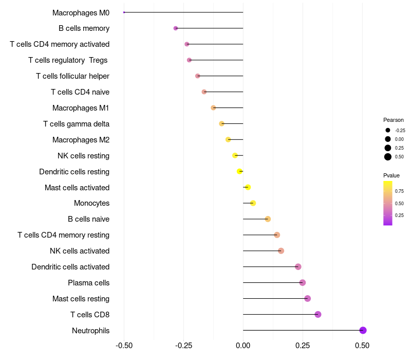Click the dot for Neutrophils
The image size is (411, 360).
click(363, 330)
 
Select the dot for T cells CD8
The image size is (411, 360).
click(317, 314)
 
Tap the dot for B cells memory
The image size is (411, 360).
click(176, 28)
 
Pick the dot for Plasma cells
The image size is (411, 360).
click(303, 282)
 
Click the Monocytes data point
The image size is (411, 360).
click(253, 203)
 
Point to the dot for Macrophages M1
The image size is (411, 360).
click(213, 107)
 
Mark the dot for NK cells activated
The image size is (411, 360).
click(281, 250)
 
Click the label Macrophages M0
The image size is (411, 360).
click(81, 12)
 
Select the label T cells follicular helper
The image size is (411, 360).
click(72, 76)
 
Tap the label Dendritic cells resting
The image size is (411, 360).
click(74, 171)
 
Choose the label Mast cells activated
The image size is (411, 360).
click(77, 187)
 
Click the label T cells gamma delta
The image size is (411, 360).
click(76, 124)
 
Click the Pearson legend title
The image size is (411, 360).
click(394, 120)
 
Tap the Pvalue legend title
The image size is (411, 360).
click(391, 175)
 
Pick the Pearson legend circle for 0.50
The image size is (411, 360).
click(388, 157)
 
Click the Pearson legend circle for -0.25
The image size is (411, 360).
click(388, 130)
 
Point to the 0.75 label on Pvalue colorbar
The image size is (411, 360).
click(399, 191)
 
